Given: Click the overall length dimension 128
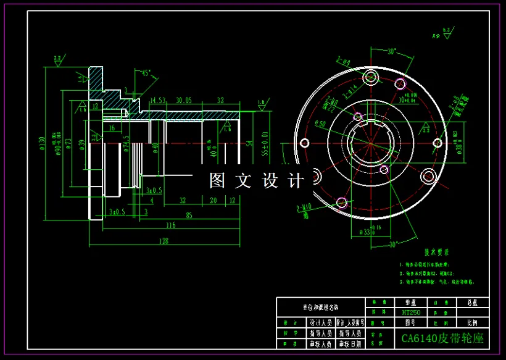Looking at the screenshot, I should pos(164,241).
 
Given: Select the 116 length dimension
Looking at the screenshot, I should pos(170,226).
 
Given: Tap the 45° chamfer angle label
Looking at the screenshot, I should pos(146,73).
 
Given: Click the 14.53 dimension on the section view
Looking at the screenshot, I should pos(158,100).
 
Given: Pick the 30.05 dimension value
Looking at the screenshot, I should pos(183,100).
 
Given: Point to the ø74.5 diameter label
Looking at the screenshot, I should pos(126,143).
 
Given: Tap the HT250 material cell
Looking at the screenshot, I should pos(411,312).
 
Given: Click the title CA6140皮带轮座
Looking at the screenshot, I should pos(442,338).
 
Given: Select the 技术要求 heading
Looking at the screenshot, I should pos(436,253).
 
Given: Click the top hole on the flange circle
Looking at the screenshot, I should pos(371,77).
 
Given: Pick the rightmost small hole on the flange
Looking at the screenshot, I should pos(438,144).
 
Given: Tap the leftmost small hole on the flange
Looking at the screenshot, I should pos(304,143).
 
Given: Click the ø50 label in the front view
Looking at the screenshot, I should pos(321,123).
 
